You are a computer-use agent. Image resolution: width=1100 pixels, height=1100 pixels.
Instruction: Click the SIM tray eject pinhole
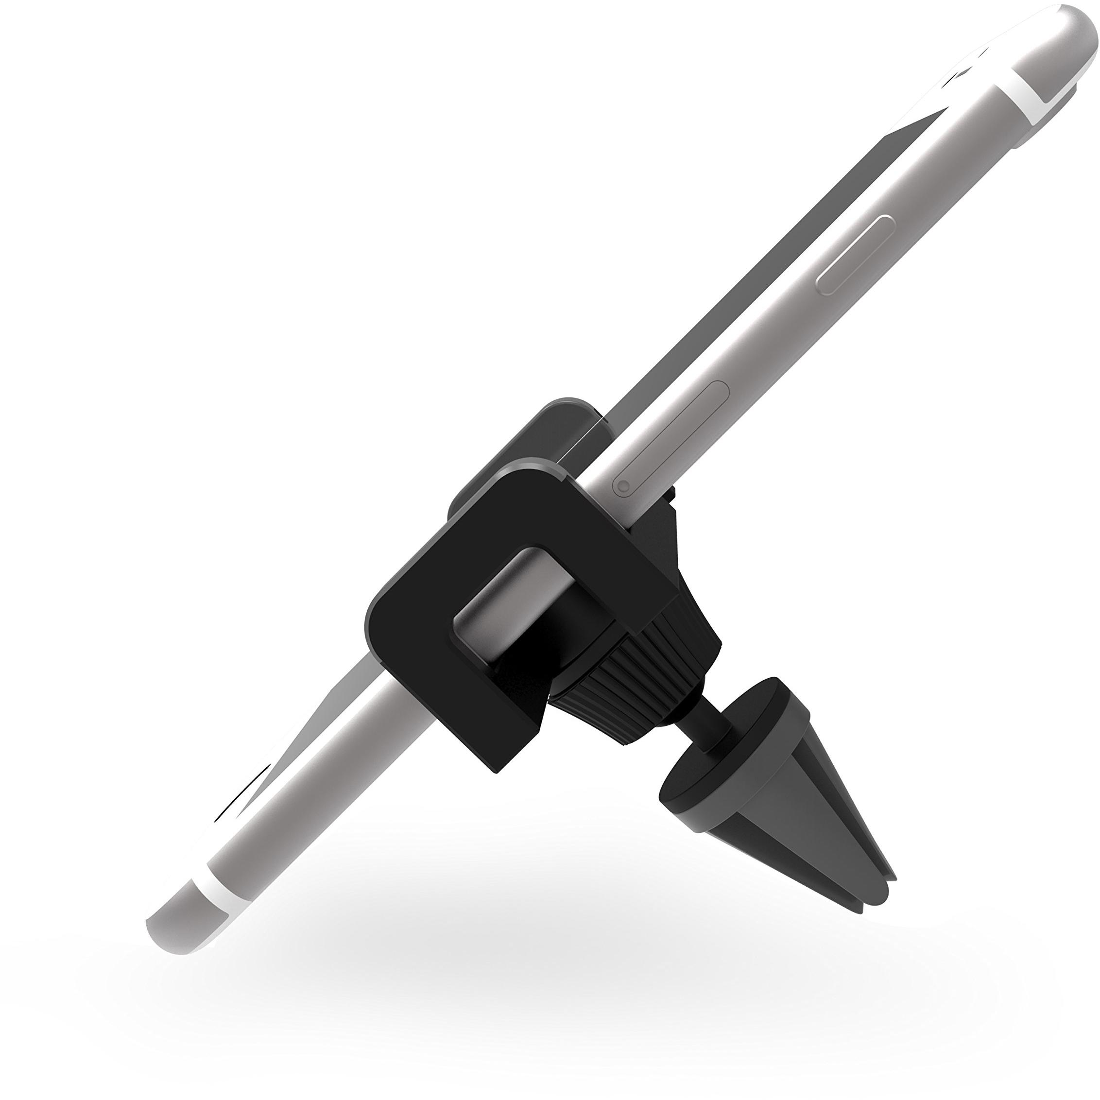click(623, 486)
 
